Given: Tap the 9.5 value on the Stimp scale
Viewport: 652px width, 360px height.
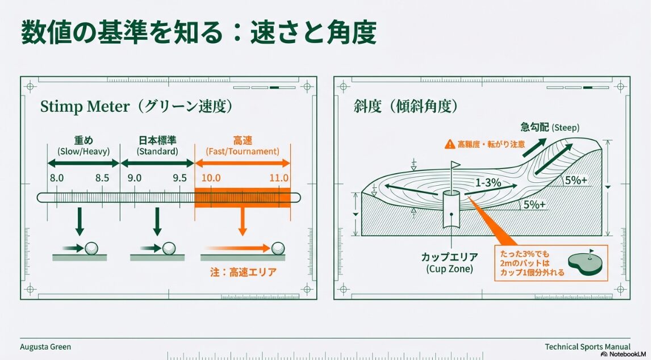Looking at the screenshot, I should pyautogui.click(x=179, y=178).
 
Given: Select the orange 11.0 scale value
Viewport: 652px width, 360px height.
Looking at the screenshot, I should pyautogui.click(x=279, y=178).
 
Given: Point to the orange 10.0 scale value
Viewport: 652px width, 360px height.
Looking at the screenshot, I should pyautogui.click(x=211, y=178).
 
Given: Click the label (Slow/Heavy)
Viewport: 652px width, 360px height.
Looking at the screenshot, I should pyautogui.click(x=83, y=152).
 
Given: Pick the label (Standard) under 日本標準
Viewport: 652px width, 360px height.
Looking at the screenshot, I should pyautogui.click(x=157, y=152).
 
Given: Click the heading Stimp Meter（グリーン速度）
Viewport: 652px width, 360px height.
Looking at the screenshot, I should pyautogui.click(x=136, y=107).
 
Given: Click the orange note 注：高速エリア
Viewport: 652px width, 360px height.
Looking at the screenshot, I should pyautogui.click(x=243, y=272).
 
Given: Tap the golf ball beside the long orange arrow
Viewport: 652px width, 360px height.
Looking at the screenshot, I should pyautogui.click(x=278, y=248).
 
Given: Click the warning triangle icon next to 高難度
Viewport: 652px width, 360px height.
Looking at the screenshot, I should pyautogui.click(x=450, y=144).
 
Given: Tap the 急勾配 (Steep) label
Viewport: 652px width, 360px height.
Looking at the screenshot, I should pyautogui.click(x=550, y=127).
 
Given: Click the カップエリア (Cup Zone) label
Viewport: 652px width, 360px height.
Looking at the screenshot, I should pyautogui.click(x=449, y=262).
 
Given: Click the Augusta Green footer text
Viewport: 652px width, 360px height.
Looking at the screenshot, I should pyautogui.click(x=45, y=346).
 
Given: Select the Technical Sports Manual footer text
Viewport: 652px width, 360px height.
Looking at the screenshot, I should pyautogui.click(x=587, y=346).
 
